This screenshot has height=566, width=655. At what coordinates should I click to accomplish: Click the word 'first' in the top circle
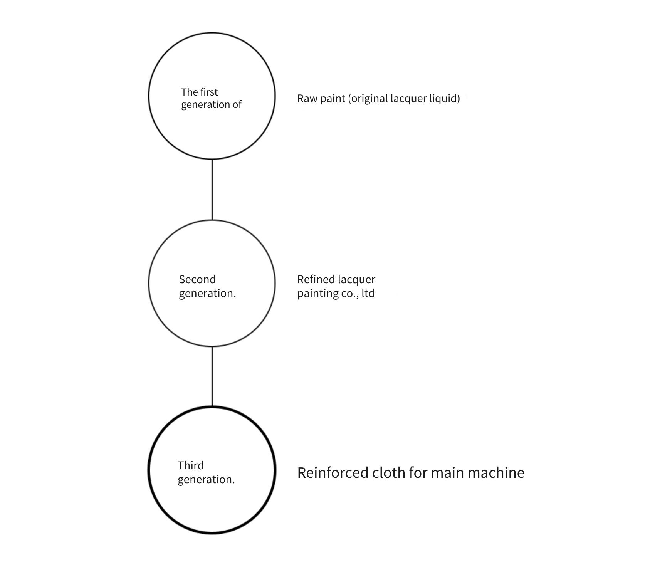[209, 92]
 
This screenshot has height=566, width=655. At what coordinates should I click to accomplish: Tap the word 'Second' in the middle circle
[197, 279]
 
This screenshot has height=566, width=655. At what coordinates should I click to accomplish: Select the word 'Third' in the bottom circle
[191, 465]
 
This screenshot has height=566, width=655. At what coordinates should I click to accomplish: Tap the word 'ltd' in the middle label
[368, 293]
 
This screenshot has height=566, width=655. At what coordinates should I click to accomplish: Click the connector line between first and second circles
[212, 190]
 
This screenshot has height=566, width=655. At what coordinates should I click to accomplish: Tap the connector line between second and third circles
[212, 376]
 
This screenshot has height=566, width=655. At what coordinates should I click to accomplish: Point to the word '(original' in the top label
[368, 99]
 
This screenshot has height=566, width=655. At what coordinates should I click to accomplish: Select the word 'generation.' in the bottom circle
[206, 480]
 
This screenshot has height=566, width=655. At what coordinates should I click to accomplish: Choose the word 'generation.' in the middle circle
[207, 294]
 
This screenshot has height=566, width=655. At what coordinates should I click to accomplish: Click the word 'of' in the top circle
[237, 104]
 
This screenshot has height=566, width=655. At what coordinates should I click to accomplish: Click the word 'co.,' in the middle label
[350, 294]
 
